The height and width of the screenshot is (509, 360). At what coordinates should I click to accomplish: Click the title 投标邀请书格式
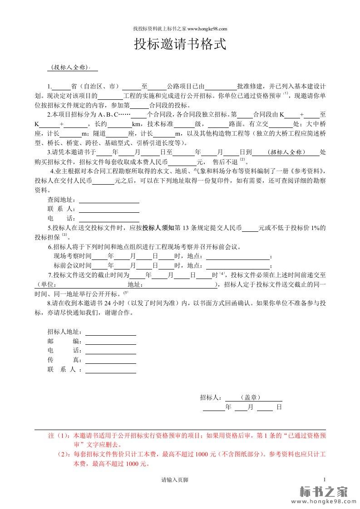click(x=180, y=45)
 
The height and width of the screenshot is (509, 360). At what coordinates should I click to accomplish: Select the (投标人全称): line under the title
click(x=72, y=68)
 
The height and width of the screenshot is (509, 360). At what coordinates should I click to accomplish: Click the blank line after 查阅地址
click(x=109, y=200)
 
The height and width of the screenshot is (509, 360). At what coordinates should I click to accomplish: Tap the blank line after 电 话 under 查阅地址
click(x=109, y=219)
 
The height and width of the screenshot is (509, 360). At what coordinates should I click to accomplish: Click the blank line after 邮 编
click(x=111, y=341)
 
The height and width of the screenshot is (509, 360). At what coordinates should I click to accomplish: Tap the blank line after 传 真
click(x=111, y=360)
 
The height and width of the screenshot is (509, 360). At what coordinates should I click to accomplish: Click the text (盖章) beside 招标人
click(x=250, y=397)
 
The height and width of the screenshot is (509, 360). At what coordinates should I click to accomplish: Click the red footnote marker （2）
click(x=64, y=454)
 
